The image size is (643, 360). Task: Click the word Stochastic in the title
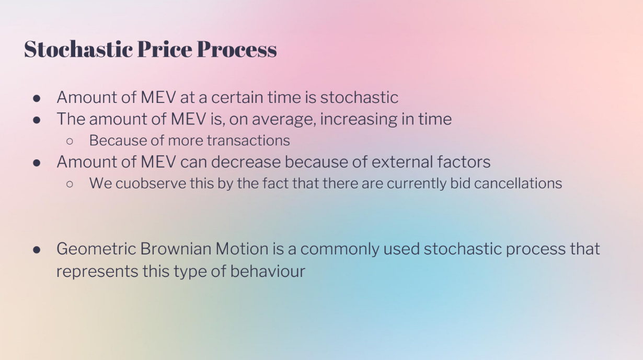point(78,49)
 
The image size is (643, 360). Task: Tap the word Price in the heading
point(165,49)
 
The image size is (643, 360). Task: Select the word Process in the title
point(237,49)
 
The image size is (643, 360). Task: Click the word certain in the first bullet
point(237,97)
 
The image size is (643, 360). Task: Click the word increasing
point(359,119)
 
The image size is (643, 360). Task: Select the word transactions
point(248,141)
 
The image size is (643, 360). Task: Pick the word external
point(403,162)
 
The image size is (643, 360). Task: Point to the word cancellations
point(518,183)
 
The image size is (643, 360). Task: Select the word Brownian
point(176,249)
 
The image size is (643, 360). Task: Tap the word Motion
point(242,249)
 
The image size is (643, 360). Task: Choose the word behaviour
point(268,271)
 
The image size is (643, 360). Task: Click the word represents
point(97,272)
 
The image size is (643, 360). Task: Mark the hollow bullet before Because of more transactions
point(70,141)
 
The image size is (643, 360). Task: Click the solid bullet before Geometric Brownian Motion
point(37,250)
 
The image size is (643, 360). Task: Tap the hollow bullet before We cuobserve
point(70,184)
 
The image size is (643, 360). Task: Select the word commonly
point(340,249)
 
